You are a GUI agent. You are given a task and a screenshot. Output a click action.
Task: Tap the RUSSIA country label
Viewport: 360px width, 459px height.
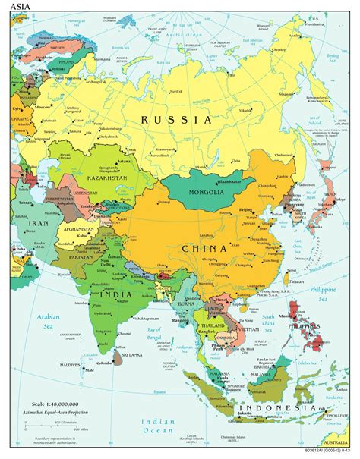pyautogui.click(x=175, y=120)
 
